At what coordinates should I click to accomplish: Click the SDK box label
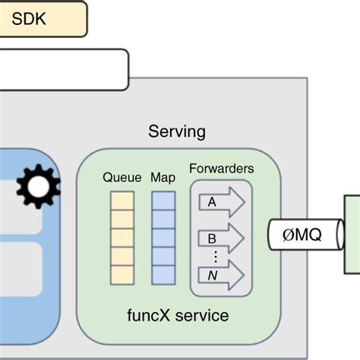click(29, 19)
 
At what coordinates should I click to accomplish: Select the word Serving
click(176, 131)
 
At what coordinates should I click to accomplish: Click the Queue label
click(122, 178)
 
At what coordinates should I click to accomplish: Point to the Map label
click(163, 178)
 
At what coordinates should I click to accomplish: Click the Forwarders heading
click(221, 169)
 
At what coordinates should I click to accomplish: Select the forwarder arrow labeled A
click(222, 203)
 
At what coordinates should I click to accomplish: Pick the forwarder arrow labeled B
click(222, 238)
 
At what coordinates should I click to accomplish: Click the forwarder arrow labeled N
click(222, 274)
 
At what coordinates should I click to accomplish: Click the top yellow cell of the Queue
click(122, 201)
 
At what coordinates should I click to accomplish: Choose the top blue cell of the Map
click(163, 201)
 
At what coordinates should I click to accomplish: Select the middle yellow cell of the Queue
click(122, 238)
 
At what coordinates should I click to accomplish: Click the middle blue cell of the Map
click(163, 238)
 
